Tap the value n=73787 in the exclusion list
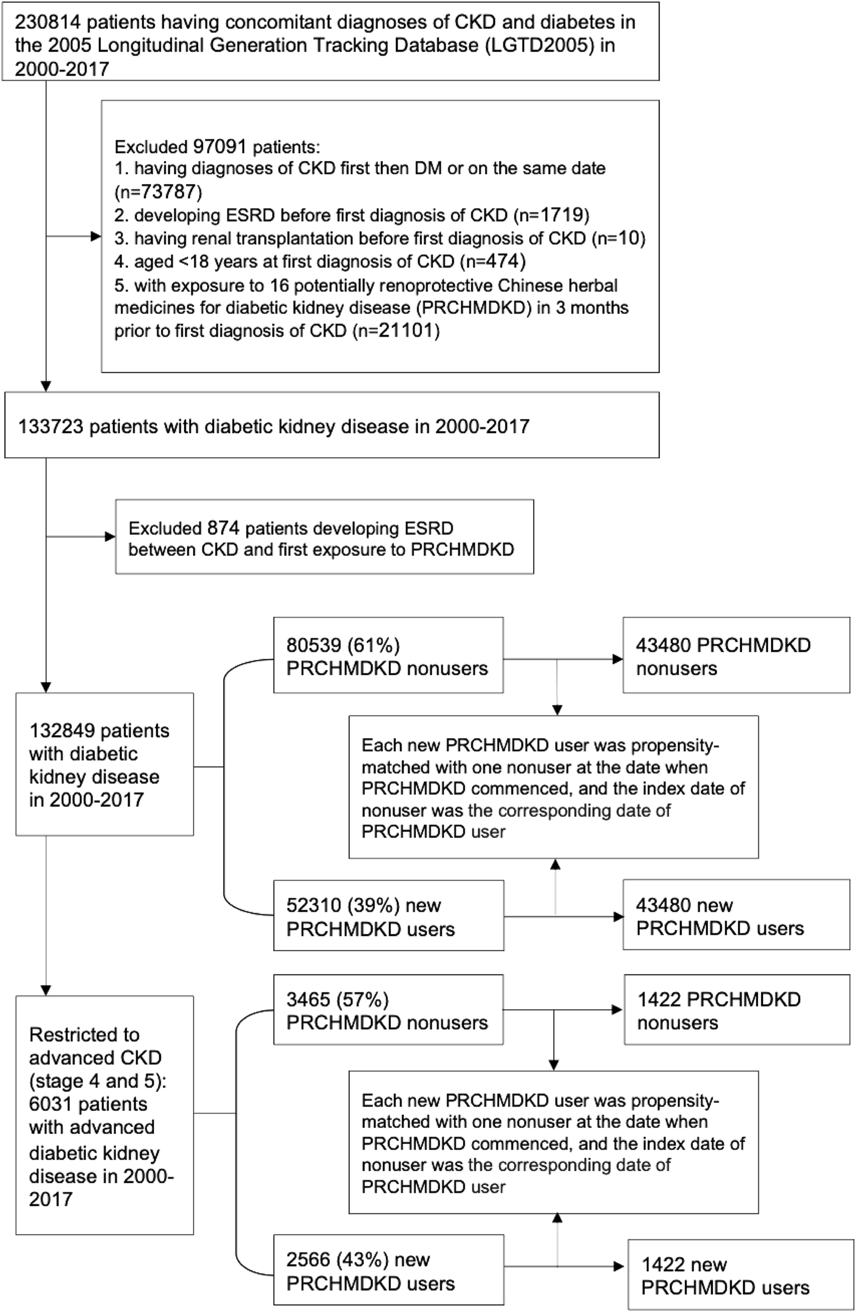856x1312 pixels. point(158,192)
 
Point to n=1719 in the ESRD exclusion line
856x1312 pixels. point(550,215)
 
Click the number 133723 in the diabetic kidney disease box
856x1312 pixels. point(51,427)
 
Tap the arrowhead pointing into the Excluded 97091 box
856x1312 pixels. point(96,237)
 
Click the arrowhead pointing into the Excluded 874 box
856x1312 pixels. point(110,537)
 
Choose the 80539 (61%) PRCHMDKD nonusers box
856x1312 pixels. point(388,655)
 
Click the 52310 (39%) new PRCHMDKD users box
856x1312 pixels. point(388,916)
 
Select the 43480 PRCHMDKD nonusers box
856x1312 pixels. point(736,655)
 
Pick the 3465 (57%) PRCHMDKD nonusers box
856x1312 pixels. point(388,1010)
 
